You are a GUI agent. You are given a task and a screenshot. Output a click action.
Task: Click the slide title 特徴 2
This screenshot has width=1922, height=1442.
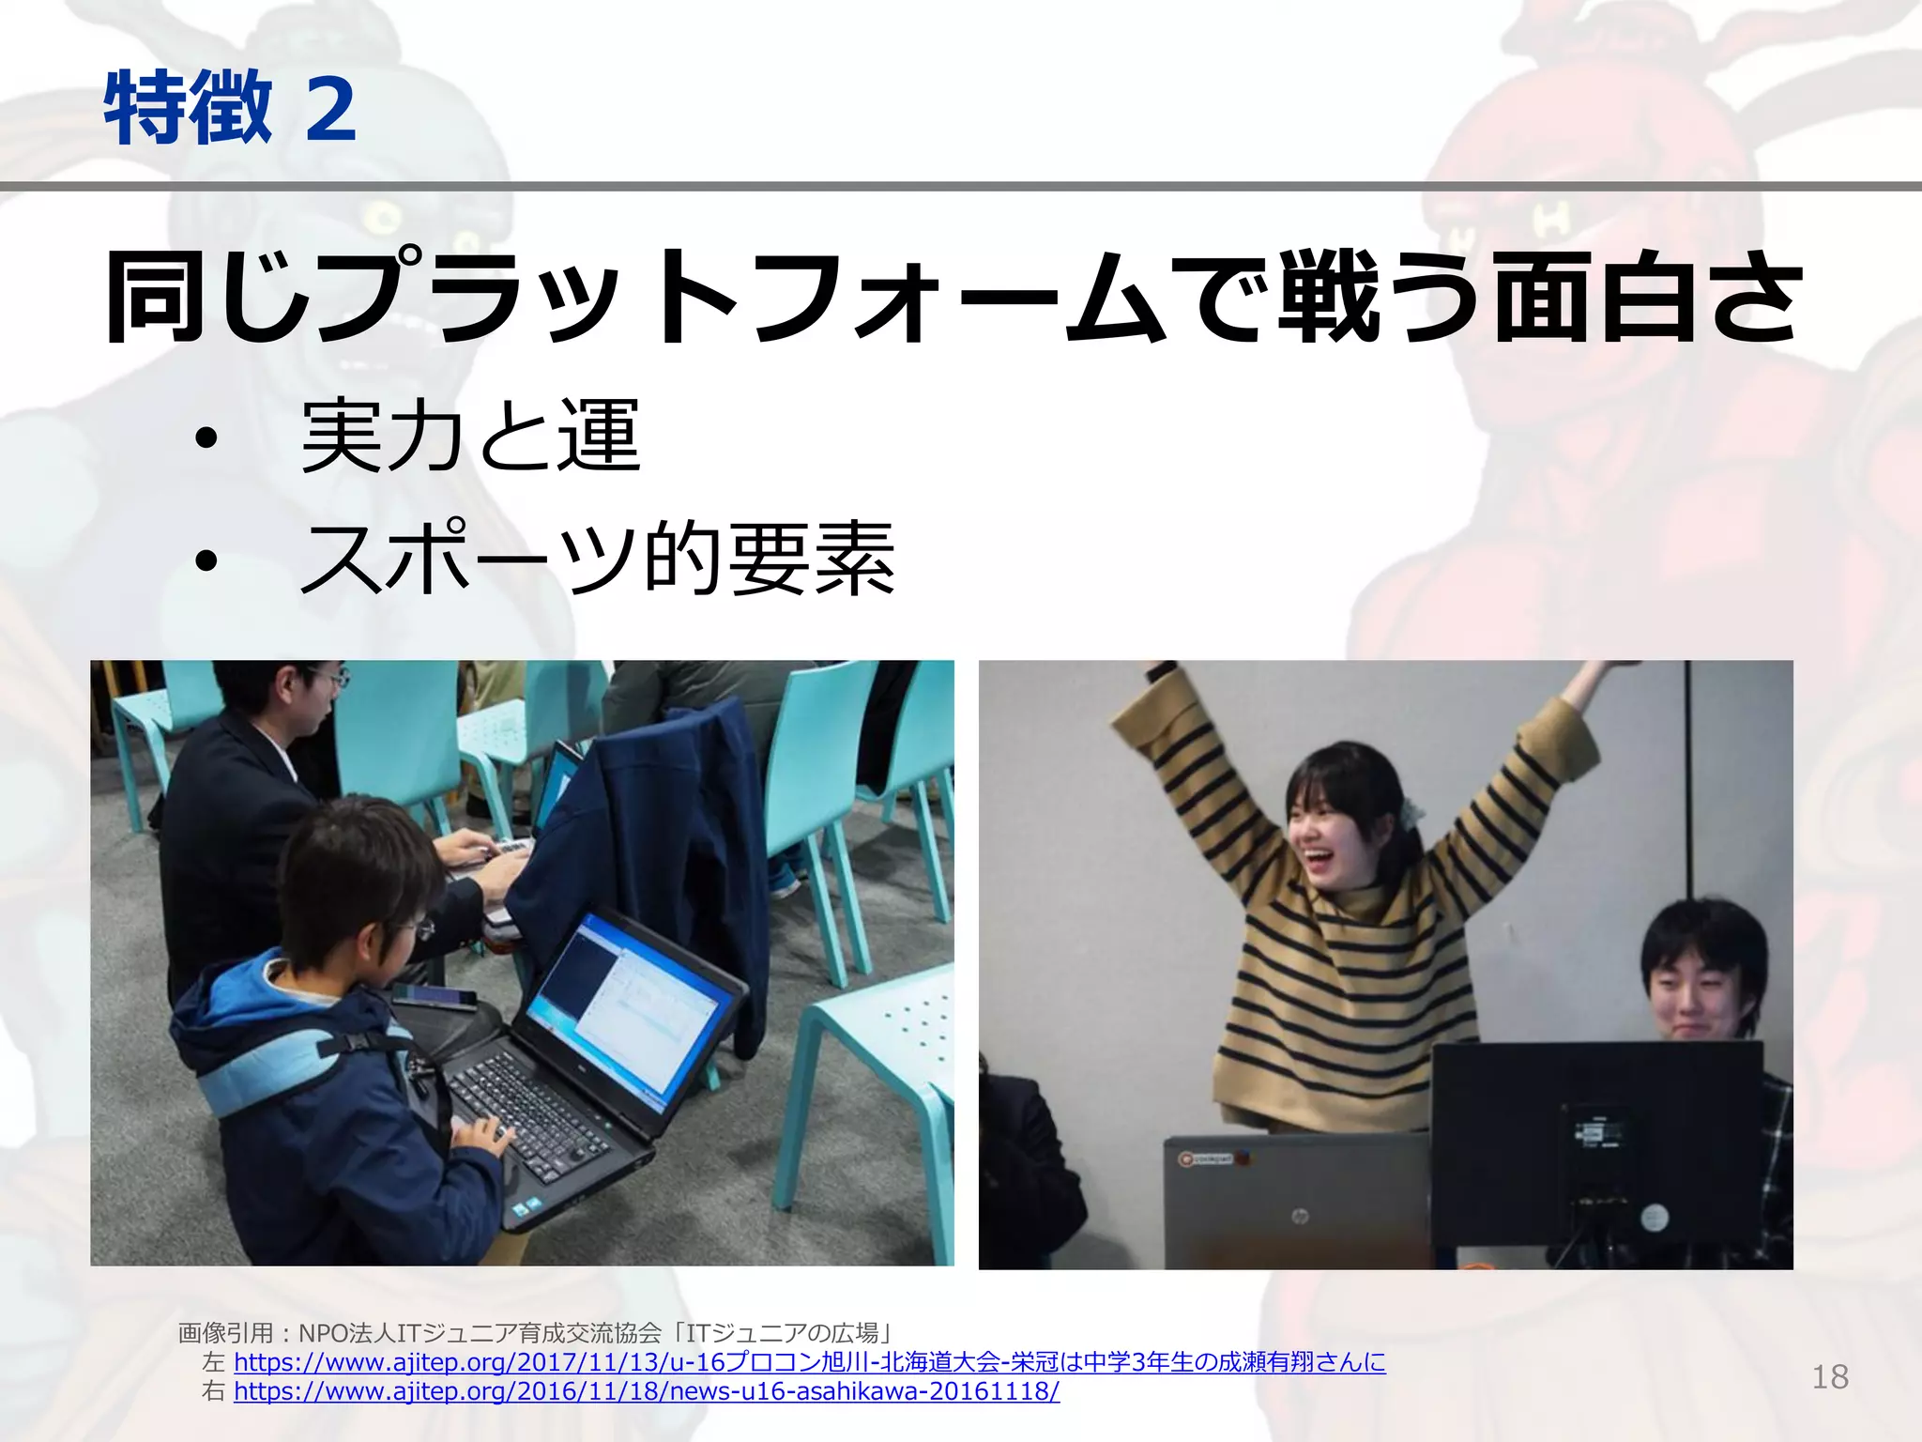coord(230,109)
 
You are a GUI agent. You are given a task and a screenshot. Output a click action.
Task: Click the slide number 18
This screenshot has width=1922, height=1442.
coord(1829,1376)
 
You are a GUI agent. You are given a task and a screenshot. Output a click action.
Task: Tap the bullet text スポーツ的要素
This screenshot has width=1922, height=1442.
coord(597,560)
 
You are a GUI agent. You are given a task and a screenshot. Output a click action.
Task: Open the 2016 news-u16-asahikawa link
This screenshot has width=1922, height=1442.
coord(647,1390)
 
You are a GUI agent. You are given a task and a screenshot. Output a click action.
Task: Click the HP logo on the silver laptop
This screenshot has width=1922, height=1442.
coord(1300,1217)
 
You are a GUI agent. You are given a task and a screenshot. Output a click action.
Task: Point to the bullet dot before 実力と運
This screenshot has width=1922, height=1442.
coord(206,438)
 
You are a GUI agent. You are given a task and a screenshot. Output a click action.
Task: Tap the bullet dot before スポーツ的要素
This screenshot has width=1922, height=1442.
coord(206,561)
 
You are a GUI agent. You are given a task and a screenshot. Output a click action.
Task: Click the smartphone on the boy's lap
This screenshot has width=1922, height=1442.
coord(434,997)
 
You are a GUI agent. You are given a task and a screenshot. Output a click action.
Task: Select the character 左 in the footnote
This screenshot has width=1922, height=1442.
coord(213,1362)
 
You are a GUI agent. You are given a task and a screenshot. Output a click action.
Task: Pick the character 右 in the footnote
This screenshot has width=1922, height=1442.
coord(213,1391)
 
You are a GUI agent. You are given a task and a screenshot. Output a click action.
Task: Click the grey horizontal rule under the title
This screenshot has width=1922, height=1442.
coord(961,187)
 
